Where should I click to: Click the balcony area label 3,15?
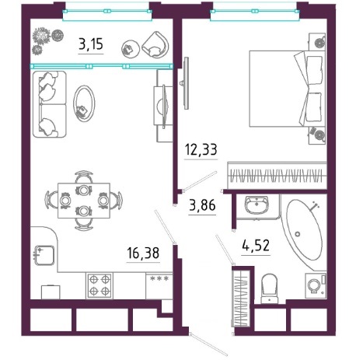pyautogui.click(x=91, y=44)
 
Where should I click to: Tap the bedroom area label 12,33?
pyautogui.click(x=201, y=149)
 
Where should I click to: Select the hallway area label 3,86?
pyautogui.click(x=202, y=205)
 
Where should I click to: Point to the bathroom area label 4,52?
pyautogui.click(x=256, y=245)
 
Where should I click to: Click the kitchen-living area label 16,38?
pyautogui.click(x=143, y=253)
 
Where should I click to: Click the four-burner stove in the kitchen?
pyautogui.click(x=99, y=285)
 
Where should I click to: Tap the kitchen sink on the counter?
pyautogui.click(x=44, y=255)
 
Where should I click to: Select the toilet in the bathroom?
pyautogui.click(x=270, y=288)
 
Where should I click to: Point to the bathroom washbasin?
pyautogui.click(x=257, y=205)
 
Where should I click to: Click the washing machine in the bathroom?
pyautogui.click(x=316, y=285)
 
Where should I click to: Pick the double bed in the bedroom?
pyautogui.click(x=287, y=89)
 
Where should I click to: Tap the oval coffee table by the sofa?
pyautogui.click(x=84, y=103)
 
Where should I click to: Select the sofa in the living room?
pyautogui.click(x=50, y=104)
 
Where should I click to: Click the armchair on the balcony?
pyautogui.click(x=155, y=45)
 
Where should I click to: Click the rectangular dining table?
pyautogui.click(x=84, y=201)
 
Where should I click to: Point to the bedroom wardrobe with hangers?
pyautogui.click(x=277, y=176)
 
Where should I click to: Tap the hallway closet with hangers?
pyautogui.click(x=241, y=298)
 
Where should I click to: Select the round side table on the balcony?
pyautogui.click(x=131, y=48)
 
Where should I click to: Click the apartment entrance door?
pyautogui.click(x=208, y=344)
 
